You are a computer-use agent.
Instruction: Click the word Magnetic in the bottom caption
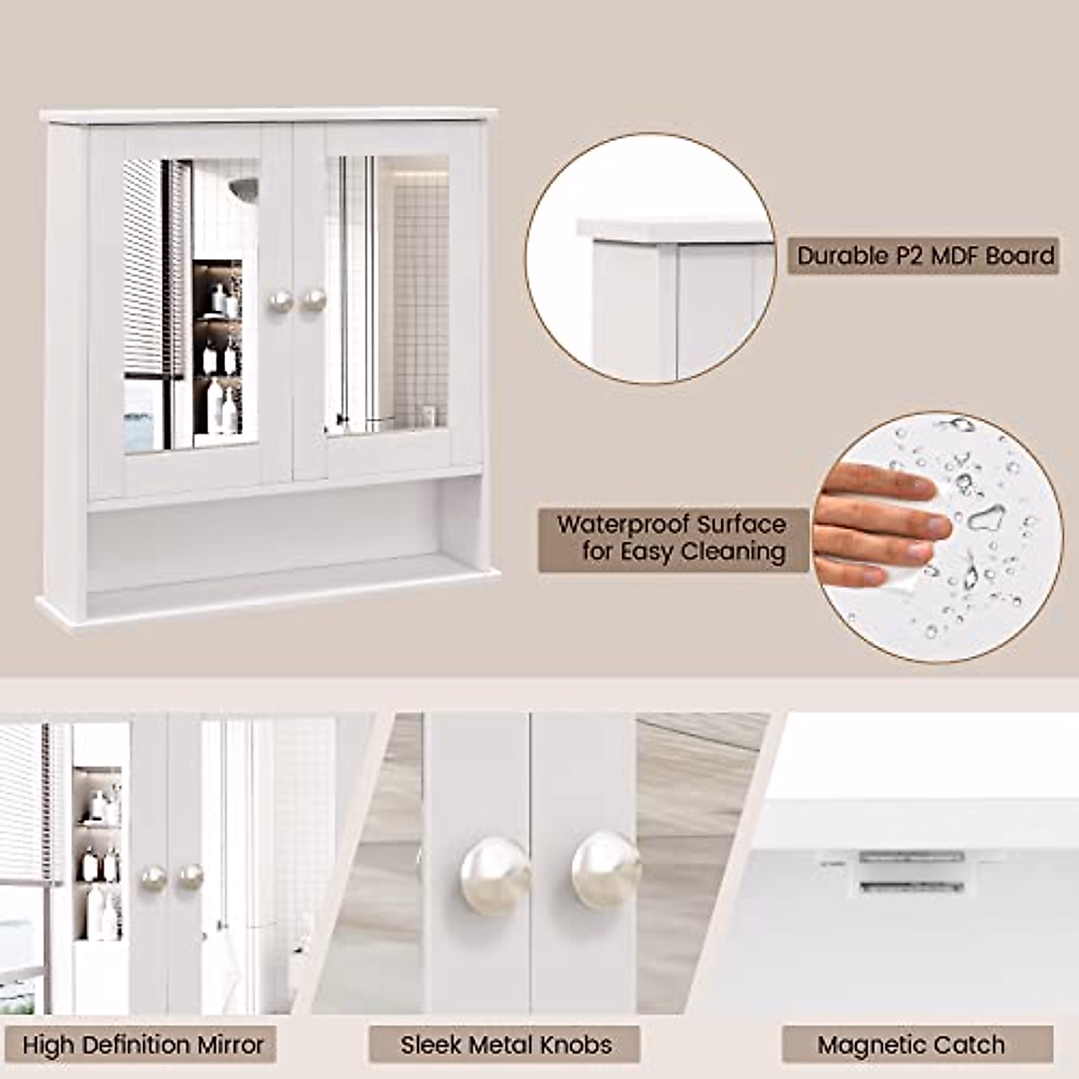871,1044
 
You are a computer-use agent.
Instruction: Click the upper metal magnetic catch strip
912,857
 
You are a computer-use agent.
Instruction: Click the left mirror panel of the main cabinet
191,305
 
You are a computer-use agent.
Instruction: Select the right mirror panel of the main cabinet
388,295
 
